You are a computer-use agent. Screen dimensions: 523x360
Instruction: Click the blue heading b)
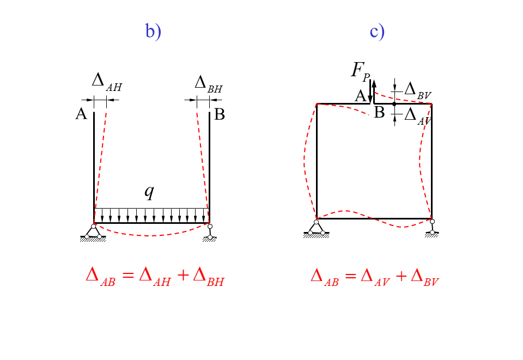click(153, 31)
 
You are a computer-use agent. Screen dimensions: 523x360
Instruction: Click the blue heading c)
click(377, 31)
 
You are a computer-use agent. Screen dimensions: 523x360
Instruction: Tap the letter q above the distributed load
click(149, 192)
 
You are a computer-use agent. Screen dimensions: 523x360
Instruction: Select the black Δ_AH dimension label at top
click(106, 81)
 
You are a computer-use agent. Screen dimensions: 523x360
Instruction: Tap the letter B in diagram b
click(220, 115)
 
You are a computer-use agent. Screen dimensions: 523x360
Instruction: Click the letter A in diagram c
click(360, 96)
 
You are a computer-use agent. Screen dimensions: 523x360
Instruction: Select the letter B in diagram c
click(379, 113)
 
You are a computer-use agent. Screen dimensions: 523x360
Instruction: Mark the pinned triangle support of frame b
click(94, 232)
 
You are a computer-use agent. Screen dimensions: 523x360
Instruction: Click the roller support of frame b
click(210, 232)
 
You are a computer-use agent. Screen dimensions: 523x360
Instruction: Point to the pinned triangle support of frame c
click(317, 228)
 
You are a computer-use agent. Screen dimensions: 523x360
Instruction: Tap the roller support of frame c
click(433, 227)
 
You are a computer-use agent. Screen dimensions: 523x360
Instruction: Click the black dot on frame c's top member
click(394, 103)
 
